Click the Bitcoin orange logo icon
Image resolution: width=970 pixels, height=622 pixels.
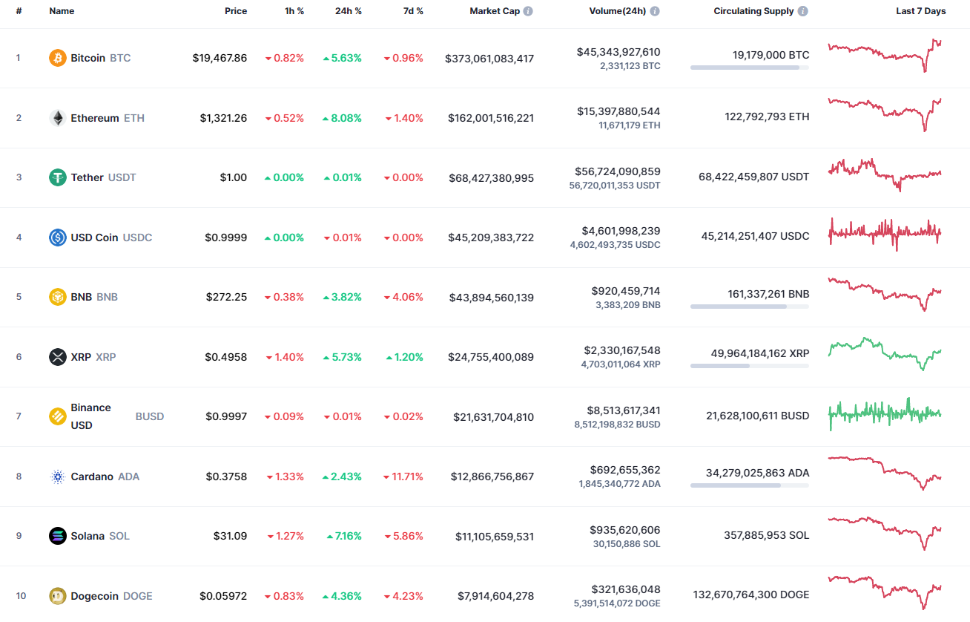click(x=58, y=58)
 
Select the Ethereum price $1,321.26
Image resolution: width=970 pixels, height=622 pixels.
click(x=223, y=118)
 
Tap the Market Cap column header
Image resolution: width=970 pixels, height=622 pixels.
click(x=495, y=11)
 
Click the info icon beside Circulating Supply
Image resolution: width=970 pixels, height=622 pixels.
click(x=803, y=11)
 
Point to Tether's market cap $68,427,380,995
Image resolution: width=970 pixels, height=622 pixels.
click(x=491, y=178)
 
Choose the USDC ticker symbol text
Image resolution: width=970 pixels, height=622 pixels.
click(x=137, y=238)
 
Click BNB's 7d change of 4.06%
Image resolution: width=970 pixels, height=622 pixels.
click(x=404, y=297)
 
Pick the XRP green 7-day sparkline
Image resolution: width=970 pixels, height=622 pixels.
click(x=885, y=354)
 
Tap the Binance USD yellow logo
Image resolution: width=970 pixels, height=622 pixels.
click(x=58, y=416)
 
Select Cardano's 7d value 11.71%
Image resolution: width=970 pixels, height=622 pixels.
click(x=404, y=477)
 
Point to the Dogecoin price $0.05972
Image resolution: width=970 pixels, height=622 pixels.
click(x=223, y=596)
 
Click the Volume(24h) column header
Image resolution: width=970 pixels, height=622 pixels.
click(x=618, y=11)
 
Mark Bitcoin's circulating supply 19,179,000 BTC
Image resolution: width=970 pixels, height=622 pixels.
click(x=771, y=55)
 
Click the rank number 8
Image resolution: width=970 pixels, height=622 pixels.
click(x=19, y=477)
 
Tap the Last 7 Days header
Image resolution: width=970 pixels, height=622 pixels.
click(x=920, y=11)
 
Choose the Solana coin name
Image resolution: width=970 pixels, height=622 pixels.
click(x=88, y=536)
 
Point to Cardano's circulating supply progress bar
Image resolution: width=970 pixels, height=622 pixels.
click(x=749, y=485)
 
